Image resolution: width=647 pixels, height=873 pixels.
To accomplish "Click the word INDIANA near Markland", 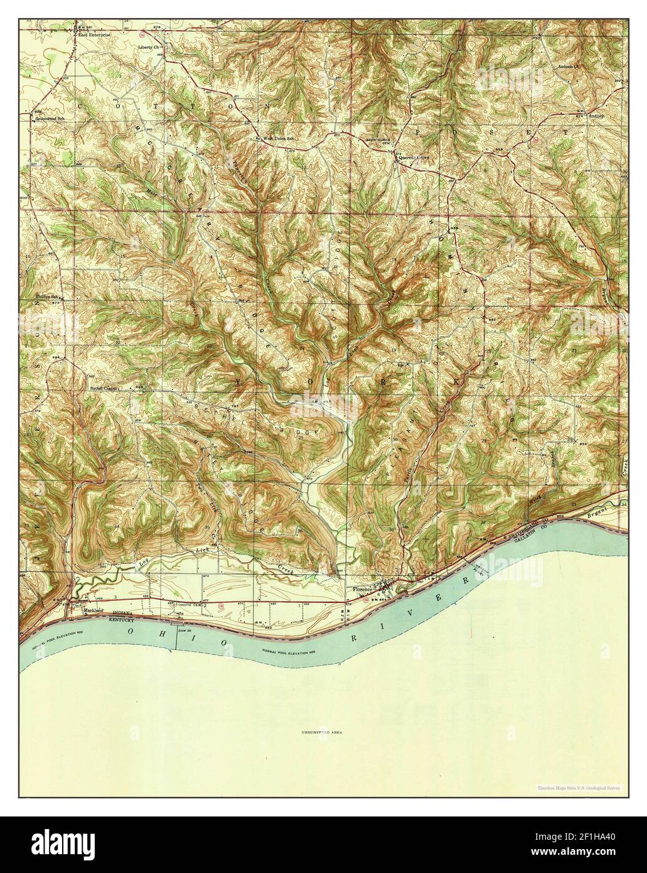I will click(x=122, y=613).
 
